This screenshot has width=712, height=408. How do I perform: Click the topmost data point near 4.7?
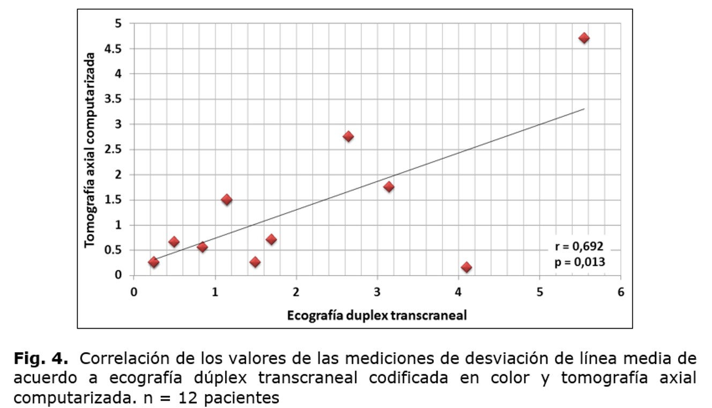point(584,38)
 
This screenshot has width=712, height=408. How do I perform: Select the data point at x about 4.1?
point(466,267)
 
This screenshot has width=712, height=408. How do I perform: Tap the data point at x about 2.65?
point(348,136)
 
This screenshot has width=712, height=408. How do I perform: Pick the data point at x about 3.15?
point(389,187)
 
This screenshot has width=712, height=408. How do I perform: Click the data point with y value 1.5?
point(226,199)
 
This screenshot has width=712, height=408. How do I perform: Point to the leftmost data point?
point(153,262)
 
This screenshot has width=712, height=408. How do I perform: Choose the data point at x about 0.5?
point(174,242)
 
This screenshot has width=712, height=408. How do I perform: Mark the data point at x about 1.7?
point(271,239)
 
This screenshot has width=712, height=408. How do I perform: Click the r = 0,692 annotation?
point(580,247)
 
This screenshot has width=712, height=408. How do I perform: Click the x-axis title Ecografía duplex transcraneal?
point(377,315)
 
